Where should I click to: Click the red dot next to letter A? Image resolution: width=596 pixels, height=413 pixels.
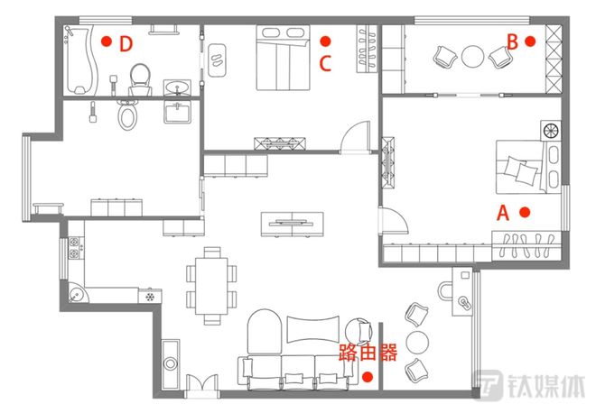click(x=525, y=212)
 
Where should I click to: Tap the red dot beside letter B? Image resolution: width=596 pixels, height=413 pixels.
click(x=530, y=41)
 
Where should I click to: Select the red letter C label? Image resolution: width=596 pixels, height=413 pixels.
click(x=325, y=63)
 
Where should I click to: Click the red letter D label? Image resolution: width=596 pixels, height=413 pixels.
click(x=126, y=43)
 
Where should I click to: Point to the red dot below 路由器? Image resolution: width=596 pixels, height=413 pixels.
click(x=368, y=377)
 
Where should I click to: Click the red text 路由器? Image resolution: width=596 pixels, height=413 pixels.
click(x=368, y=353)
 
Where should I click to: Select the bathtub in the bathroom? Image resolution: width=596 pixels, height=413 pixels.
click(x=81, y=60)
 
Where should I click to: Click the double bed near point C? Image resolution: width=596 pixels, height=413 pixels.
click(x=284, y=58)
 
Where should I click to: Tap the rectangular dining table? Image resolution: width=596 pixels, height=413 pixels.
click(x=211, y=286)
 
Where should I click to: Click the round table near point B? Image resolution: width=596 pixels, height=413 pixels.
click(x=472, y=57)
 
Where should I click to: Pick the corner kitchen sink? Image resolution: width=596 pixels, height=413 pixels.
click(x=78, y=293)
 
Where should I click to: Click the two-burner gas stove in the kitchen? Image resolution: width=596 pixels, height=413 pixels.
click(x=74, y=247)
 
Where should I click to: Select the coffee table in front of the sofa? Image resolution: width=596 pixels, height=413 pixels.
click(x=312, y=329)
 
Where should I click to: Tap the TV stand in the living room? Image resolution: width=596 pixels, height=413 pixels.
click(x=293, y=225)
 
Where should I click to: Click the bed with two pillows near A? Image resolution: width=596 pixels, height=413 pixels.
click(x=528, y=167)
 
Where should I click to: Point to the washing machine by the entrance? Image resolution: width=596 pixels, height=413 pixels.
click(x=171, y=364)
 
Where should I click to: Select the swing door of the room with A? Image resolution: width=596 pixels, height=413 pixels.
click(x=394, y=220)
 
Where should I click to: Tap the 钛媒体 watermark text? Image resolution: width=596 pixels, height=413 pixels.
click(x=546, y=385)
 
